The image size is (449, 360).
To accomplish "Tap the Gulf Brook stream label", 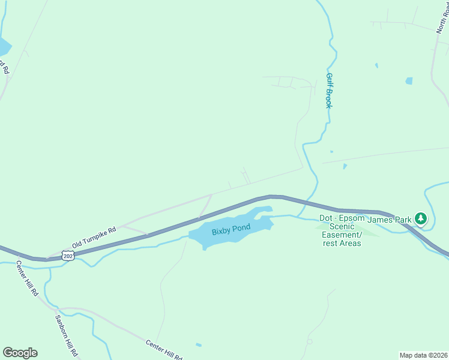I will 329,90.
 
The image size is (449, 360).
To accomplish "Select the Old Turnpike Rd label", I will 94,238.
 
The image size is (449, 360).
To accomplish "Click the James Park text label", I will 389,220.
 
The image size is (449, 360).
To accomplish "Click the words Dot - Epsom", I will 342,218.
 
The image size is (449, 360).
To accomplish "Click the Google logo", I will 20,352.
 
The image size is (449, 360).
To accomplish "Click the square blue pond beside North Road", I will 409,80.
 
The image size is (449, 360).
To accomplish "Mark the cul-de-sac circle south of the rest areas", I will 310,341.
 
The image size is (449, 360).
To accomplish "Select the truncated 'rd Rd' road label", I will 4,66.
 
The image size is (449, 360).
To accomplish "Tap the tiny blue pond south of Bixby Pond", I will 199,344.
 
